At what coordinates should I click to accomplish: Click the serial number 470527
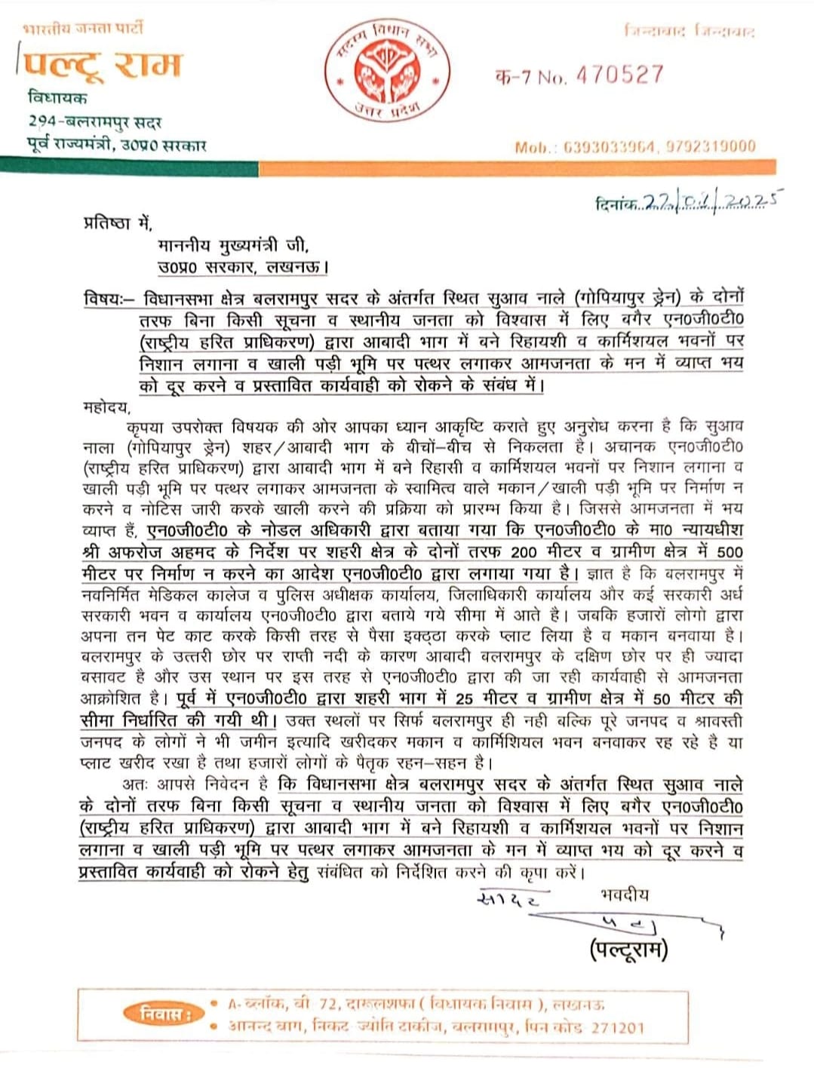coord(619,75)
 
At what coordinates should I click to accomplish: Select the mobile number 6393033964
coord(610,146)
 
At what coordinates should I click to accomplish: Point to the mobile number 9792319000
coord(711,146)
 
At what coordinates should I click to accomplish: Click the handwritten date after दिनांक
coord(710,201)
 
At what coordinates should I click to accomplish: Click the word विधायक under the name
coord(57,98)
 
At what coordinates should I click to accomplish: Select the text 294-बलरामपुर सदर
coord(95,121)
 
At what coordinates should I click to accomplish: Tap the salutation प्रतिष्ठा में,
coord(117,223)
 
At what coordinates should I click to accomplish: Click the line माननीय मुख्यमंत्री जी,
coord(233,245)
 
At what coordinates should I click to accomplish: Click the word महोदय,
coord(106,408)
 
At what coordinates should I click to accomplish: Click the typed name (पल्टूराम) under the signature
coord(628,950)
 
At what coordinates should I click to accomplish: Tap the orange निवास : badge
coord(161,1014)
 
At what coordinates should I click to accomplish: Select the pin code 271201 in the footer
coord(617,1027)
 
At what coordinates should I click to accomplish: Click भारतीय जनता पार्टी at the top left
coord(82,29)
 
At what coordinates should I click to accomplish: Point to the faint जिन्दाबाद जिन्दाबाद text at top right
coord(689,32)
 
